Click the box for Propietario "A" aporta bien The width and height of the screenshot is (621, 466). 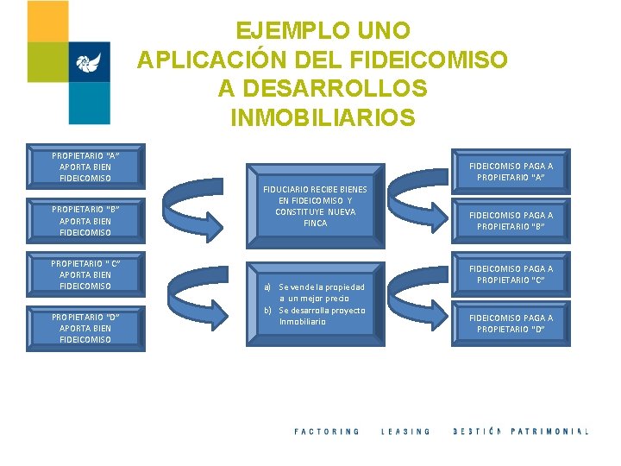85,167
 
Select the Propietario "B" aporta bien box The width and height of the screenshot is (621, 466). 85,220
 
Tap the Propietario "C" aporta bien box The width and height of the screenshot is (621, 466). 85,274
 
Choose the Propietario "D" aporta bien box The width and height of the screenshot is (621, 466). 85,328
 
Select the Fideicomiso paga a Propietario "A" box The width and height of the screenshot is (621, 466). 511,172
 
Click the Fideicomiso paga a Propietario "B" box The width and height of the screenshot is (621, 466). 511,220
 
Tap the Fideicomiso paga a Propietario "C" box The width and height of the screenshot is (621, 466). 511,274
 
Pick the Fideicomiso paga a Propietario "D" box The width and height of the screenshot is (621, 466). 511,323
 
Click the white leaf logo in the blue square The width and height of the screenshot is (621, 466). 89,62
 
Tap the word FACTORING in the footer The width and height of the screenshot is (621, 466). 327,431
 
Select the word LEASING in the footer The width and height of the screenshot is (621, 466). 405,431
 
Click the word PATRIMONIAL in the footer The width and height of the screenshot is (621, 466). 549,431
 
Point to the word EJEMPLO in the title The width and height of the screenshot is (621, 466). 283,31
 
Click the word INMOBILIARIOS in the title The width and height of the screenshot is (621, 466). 323,116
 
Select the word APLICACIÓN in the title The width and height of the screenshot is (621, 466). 203,60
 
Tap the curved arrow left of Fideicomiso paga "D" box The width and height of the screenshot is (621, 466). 423,303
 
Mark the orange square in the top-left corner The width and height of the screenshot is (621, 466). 47,21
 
